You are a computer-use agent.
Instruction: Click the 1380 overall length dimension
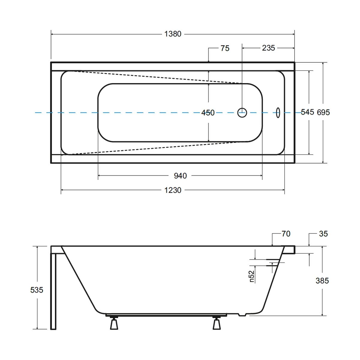[x=172, y=34]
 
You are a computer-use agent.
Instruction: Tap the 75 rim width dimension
[x=225, y=48]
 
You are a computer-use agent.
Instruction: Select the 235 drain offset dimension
[x=268, y=48]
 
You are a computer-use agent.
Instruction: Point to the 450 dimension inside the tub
[x=208, y=113]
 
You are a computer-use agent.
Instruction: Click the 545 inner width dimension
[x=307, y=112]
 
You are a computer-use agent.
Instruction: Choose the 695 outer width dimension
[x=323, y=112]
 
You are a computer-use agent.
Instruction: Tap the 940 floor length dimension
[x=180, y=176]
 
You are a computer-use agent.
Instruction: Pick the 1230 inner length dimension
[x=172, y=190]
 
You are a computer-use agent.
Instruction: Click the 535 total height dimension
[x=37, y=290]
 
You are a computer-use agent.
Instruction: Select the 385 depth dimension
[x=322, y=280]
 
